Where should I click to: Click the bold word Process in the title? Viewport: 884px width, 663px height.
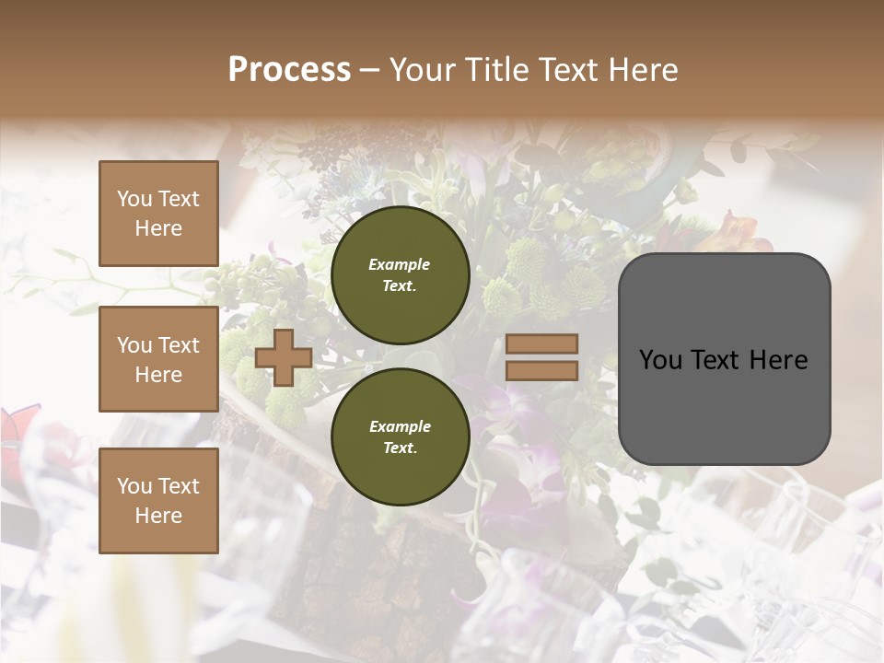pos(289,70)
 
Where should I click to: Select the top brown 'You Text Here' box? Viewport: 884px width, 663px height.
pos(158,214)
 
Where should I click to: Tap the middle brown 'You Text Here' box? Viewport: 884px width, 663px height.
pos(158,359)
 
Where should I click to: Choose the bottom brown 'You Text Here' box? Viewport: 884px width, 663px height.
pos(158,501)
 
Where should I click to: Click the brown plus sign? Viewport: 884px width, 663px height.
pos(283,357)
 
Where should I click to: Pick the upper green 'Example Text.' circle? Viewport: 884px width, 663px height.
pos(400,275)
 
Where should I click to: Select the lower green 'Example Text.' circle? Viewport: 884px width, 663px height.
pos(400,436)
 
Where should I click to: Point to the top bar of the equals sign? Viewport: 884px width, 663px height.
pos(541,343)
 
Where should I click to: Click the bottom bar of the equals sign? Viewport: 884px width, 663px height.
pos(541,371)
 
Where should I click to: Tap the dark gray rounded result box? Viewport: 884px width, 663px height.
pos(724,358)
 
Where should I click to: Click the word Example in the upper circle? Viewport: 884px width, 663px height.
pos(399,265)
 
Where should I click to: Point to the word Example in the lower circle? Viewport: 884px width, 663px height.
pos(399,426)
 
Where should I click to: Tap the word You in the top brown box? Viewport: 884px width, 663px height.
pos(134,199)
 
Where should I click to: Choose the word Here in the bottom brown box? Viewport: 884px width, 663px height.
pos(158,516)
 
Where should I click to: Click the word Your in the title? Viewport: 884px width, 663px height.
pos(422,70)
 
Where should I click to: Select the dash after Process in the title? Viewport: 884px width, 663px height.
pos(370,70)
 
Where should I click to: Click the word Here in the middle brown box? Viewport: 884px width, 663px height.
pos(158,375)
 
